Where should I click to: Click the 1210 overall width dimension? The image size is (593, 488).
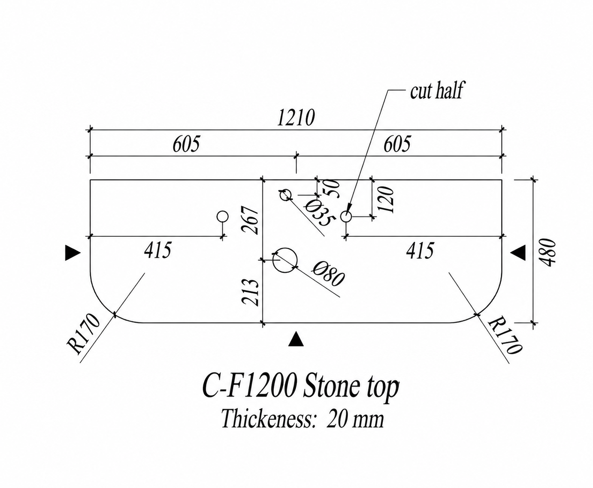point(296,118)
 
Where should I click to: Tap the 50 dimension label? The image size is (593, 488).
point(332,188)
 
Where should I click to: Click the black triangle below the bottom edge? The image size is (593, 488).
point(296,339)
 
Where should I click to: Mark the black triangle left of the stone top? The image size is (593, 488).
point(73,253)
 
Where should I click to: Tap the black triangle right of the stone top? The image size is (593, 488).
point(518,252)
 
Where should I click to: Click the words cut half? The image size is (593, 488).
point(436,90)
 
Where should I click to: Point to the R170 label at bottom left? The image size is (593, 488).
point(83,334)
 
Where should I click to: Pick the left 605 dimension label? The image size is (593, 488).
point(186,144)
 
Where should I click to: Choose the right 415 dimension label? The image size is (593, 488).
point(420,251)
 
